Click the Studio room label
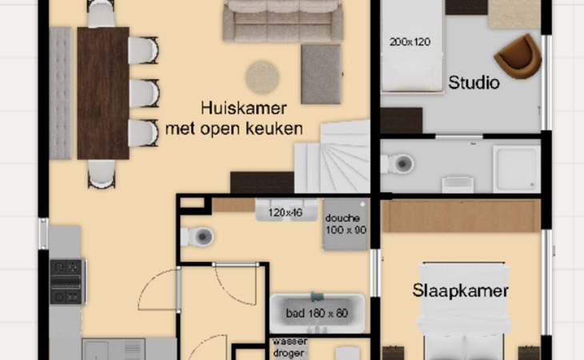(x=474, y=82)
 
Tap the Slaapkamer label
(x=460, y=290)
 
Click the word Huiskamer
(x=243, y=108)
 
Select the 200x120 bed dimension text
(x=410, y=42)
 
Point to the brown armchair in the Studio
(x=518, y=57)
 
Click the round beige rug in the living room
(x=262, y=78)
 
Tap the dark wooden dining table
(x=103, y=93)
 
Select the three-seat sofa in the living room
(x=283, y=21)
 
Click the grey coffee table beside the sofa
(x=321, y=74)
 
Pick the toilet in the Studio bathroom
(x=397, y=163)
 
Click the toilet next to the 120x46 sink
(x=198, y=236)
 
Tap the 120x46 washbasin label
(x=286, y=213)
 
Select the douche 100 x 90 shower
(x=346, y=225)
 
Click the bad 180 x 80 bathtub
(x=317, y=314)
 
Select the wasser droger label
(x=290, y=347)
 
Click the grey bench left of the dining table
(x=60, y=93)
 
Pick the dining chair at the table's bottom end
(x=102, y=174)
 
